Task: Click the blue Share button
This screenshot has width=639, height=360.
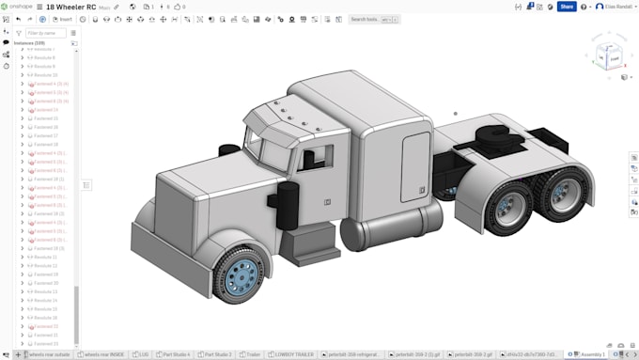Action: pos(567,7)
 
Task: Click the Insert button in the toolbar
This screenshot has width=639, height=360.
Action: pos(63,19)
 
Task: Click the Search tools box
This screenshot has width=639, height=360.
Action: pos(368,19)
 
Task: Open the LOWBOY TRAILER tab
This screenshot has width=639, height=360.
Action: pos(288,354)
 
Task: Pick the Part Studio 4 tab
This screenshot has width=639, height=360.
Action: pos(175,354)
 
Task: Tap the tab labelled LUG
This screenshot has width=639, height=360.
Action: pos(143,354)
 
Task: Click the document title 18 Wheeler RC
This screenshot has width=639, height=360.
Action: pos(71,7)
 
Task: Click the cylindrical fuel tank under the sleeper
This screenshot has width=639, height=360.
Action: pos(393,230)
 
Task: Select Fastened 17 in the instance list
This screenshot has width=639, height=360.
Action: pos(46,135)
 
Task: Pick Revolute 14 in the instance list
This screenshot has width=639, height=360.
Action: pos(46,301)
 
